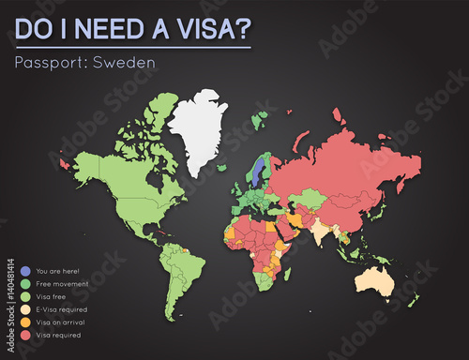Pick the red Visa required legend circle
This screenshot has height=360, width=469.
pyautogui.click(x=12, y=334)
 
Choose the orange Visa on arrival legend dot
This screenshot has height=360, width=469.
pyautogui.click(x=12, y=322)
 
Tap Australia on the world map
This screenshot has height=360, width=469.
pyautogui.click(x=380, y=279)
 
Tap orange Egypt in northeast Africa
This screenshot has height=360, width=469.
pyautogui.click(x=272, y=223)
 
